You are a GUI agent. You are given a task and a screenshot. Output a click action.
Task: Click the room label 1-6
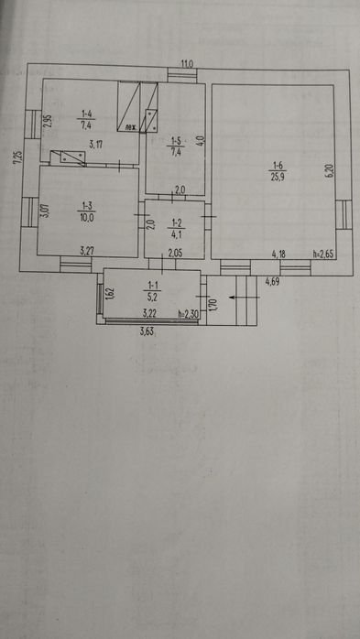(x=277, y=166)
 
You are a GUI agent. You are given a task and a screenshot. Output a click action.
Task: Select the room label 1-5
(x=175, y=141)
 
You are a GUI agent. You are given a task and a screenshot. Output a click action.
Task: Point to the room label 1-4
(x=86, y=114)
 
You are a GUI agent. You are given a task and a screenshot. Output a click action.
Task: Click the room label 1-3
(x=87, y=207)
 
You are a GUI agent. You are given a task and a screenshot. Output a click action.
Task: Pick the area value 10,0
(x=87, y=217)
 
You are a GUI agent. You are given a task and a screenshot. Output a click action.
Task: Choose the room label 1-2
(x=177, y=222)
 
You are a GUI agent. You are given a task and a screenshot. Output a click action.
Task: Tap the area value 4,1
(x=177, y=233)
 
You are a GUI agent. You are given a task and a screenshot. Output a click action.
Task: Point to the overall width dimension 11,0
(x=186, y=63)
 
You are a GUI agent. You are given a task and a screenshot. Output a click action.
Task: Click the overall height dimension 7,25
(x=16, y=157)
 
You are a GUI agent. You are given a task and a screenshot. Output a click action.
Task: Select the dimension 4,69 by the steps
(x=272, y=282)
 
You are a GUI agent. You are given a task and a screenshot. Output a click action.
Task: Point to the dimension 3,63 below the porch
(x=147, y=330)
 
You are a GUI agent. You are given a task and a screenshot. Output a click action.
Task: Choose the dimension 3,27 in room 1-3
(x=88, y=250)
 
